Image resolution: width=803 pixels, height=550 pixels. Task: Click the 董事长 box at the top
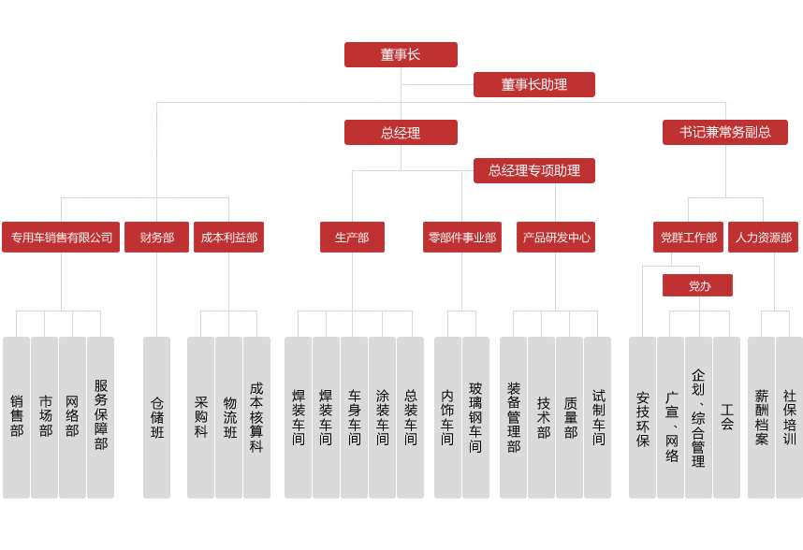401,54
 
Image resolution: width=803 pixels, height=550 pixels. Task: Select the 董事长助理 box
533,84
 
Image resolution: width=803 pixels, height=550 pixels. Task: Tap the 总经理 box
401,132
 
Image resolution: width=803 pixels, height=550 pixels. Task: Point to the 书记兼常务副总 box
725,132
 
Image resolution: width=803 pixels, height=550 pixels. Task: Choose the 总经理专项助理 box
533,170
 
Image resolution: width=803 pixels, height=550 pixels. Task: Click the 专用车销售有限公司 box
61,238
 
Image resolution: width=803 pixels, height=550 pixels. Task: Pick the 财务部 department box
156,238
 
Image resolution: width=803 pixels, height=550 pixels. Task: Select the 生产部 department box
352,238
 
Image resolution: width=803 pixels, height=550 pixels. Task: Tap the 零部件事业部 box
461,238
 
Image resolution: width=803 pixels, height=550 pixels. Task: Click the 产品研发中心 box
555,238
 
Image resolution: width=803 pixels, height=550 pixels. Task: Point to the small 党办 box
697,285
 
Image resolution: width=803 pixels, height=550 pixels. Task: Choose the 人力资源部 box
763,238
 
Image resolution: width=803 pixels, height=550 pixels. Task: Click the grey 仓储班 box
156,417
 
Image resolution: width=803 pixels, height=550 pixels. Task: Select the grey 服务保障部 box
100,417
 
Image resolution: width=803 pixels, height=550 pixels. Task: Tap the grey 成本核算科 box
256,417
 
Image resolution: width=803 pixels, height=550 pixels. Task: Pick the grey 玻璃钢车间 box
475,417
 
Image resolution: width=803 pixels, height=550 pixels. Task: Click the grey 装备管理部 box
513,417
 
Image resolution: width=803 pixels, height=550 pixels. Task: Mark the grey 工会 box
726,417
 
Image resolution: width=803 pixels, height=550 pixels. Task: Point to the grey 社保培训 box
789,417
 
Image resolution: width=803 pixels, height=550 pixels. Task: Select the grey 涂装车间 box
382,417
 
